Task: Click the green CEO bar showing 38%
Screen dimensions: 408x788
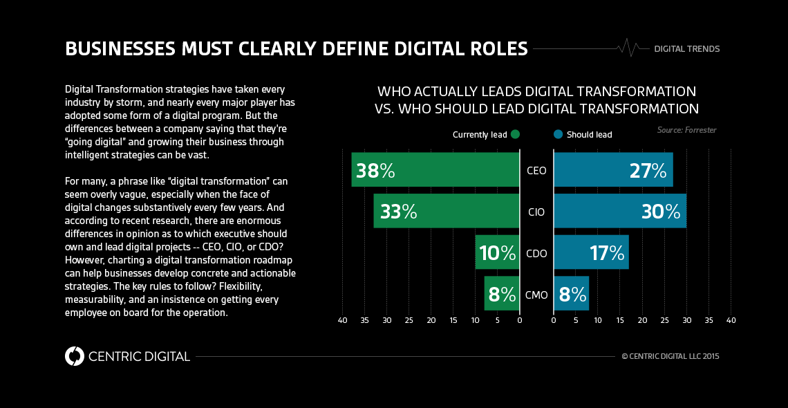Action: tap(435, 170)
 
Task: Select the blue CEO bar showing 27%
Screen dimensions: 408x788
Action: tap(613, 170)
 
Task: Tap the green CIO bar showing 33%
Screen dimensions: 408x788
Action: tap(447, 211)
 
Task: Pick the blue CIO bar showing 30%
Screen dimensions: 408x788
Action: tap(620, 211)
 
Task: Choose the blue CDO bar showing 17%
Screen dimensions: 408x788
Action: tap(591, 252)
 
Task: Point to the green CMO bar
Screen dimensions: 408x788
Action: tap(502, 294)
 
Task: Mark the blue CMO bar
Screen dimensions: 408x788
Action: tap(571, 294)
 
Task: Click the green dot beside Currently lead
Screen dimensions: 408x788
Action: tap(516, 134)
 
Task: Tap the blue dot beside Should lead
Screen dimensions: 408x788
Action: tap(558, 134)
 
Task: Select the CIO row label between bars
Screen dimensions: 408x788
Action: tap(536, 212)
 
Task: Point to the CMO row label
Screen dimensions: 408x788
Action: tap(536, 295)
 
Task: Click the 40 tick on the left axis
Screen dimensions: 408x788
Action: tap(342, 321)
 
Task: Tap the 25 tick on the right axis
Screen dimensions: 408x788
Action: tap(664, 321)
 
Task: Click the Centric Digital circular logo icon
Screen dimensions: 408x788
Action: tap(74, 356)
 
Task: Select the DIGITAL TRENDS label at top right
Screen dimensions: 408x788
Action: tap(686, 49)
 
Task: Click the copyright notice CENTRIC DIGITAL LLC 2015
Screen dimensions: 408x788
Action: tap(670, 357)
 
